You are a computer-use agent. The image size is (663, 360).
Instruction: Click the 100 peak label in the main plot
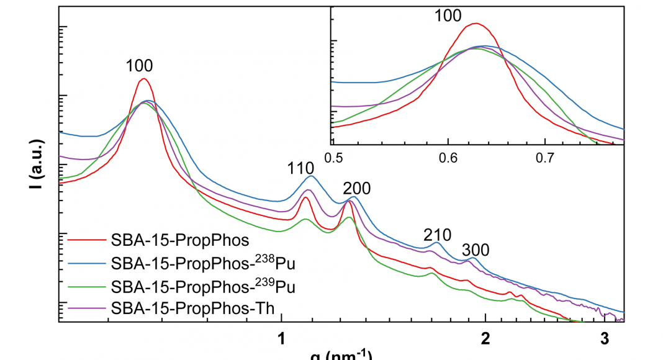coord(139,66)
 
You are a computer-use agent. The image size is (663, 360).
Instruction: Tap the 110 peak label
coord(301,168)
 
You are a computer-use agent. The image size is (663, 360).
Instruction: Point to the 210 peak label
coord(437,235)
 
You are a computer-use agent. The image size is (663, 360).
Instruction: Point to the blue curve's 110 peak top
coord(312,176)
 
